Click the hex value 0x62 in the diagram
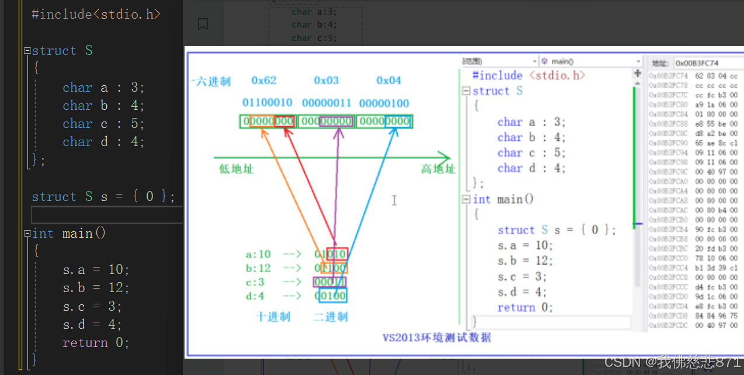(264, 80)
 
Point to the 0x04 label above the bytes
(389, 80)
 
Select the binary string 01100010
(267, 103)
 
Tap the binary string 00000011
(326, 103)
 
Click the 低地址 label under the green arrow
(237, 169)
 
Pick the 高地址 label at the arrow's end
(438, 169)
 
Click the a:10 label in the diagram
(258, 254)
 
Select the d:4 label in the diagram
(255, 296)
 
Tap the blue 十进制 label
(273, 317)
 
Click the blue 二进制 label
(331, 317)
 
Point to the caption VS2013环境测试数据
(437, 338)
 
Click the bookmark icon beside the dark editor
(203, 24)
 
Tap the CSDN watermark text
(672, 362)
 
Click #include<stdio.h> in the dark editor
(96, 14)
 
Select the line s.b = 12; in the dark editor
(96, 287)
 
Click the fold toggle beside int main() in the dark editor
(27, 234)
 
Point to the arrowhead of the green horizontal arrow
(446, 157)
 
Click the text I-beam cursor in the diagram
(394, 200)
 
